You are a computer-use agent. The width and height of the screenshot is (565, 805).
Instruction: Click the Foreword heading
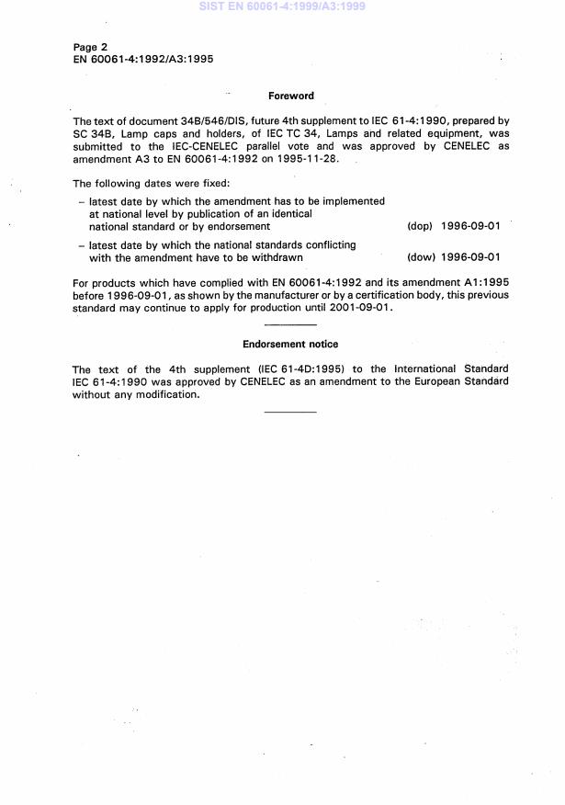point(290,96)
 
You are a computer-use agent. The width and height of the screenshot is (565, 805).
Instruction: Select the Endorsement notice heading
point(290,345)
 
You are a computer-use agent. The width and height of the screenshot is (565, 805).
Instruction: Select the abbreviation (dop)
point(419,226)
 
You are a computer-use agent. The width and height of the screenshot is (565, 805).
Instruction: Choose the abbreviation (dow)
point(421,258)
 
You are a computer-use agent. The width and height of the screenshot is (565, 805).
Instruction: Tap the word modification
point(167,395)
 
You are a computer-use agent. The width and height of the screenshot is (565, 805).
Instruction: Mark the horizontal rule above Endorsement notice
point(290,325)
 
